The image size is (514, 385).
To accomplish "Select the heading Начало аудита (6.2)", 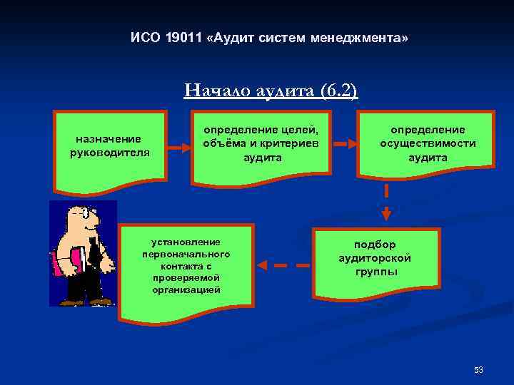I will click(x=271, y=91).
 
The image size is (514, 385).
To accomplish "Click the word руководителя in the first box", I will click(x=109, y=151).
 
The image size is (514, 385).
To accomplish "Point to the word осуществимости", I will click(x=428, y=143).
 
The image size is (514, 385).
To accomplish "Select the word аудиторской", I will click(x=374, y=258).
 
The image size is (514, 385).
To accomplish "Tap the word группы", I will click(x=374, y=272).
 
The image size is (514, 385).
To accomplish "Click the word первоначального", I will click(x=186, y=254).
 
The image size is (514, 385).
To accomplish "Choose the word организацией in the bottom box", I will click(x=186, y=289).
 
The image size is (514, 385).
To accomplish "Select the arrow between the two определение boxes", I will click(x=344, y=144).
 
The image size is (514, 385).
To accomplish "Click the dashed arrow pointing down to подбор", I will click(x=386, y=202).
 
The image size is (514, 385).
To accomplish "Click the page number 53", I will click(x=478, y=369).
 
